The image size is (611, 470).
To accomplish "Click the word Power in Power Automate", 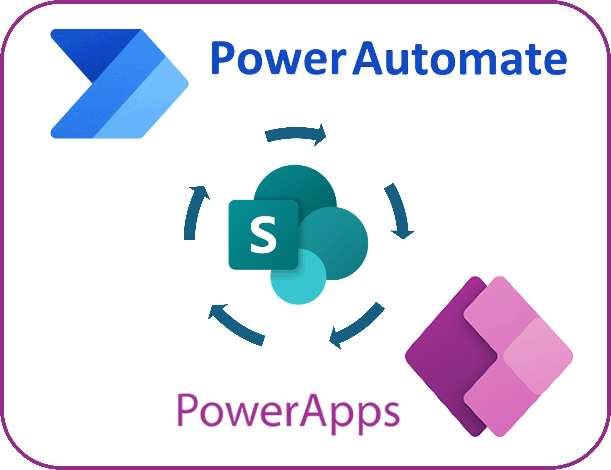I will (x=278, y=59).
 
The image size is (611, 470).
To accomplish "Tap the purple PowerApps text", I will (x=288, y=411).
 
